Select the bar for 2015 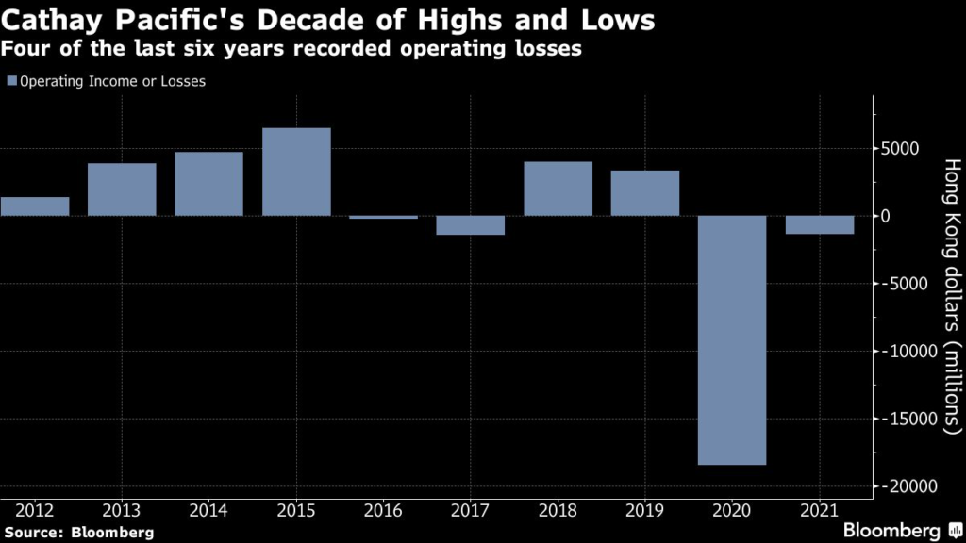[x=296, y=172]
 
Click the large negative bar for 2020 [x=732, y=340]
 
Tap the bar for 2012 [x=35, y=206]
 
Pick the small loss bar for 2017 [x=471, y=225]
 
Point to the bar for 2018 [x=558, y=189]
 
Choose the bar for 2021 [x=820, y=224]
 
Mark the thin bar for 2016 [x=383, y=218]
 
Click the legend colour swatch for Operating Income [x=11, y=82]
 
